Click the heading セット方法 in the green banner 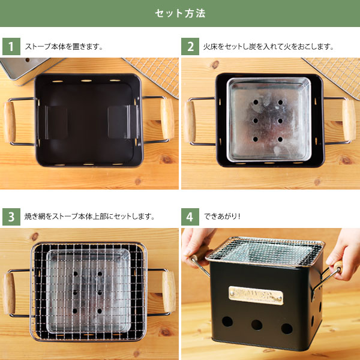pyautogui.click(x=180, y=13)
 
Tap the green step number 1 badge pyautogui.click(x=11, y=47)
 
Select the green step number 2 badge pyautogui.click(x=190, y=47)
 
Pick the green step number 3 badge pyautogui.click(x=11, y=217)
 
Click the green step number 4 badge pyautogui.click(x=190, y=217)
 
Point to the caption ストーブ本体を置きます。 pyautogui.click(x=64, y=47)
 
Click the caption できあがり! pyautogui.click(x=222, y=216)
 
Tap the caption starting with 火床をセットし pyautogui.click(x=269, y=47)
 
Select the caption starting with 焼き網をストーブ pyautogui.click(x=90, y=216)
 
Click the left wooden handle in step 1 pyautogui.click(x=10, y=122)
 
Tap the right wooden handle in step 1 pyautogui.click(x=167, y=119)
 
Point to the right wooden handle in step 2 pyautogui.click(x=349, y=120)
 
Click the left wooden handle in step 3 pyautogui.click(x=9, y=293)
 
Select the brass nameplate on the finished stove pyautogui.click(x=256, y=295)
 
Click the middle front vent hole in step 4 pyautogui.click(x=257, y=325)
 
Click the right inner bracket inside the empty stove pyautogui.click(x=123, y=122)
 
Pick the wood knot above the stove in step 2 pyautogui.click(x=215, y=65)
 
